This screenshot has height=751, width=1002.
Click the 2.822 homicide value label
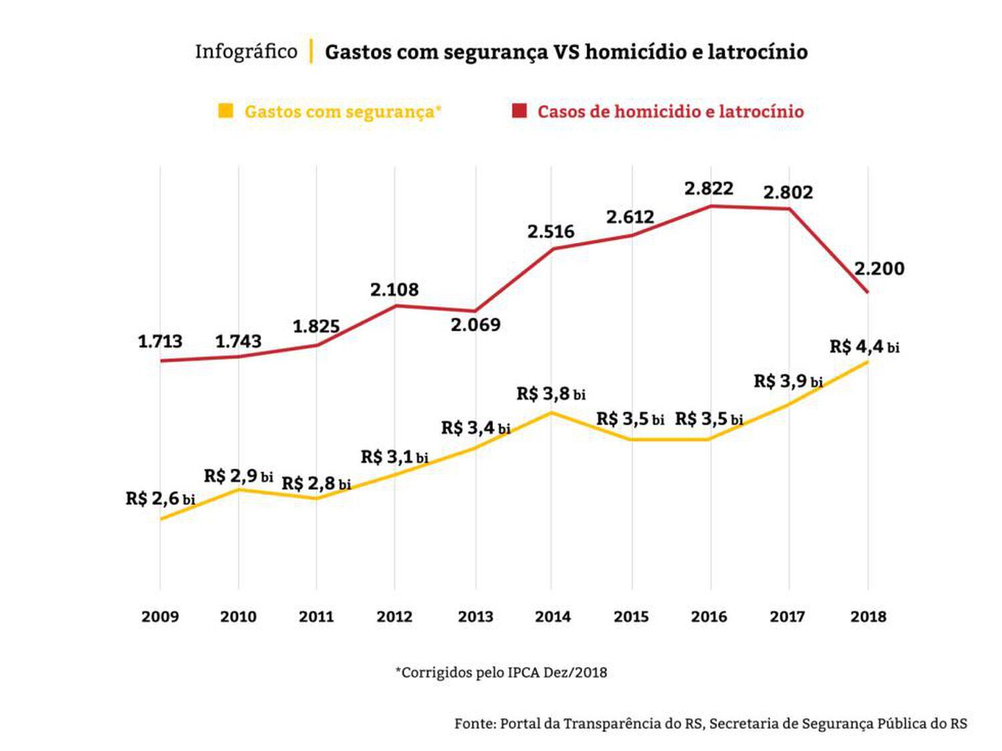tap(708, 189)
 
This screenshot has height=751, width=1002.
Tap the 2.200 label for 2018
tap(879, 269)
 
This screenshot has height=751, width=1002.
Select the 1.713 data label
tap(160, 342)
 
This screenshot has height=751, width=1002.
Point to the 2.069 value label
tap(475, 325)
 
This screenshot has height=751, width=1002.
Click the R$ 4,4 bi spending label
tap(864, 347)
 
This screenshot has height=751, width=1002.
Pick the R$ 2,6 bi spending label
tap(160, 499)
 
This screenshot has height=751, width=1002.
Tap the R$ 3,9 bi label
tap(788, 382)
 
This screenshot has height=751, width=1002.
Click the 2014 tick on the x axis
tap(552, 616)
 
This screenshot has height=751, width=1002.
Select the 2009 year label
tap(160, 616)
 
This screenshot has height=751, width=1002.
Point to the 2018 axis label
tap(868, 616)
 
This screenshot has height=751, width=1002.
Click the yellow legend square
tap(226, 111)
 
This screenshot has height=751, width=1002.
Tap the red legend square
tap(519, 111)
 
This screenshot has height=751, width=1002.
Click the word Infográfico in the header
tap(246, 51)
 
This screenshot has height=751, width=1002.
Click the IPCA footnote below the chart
tap(501, 672)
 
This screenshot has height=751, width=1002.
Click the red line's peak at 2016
tap(710, 206)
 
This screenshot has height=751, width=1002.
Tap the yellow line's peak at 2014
tap(551, 413)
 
